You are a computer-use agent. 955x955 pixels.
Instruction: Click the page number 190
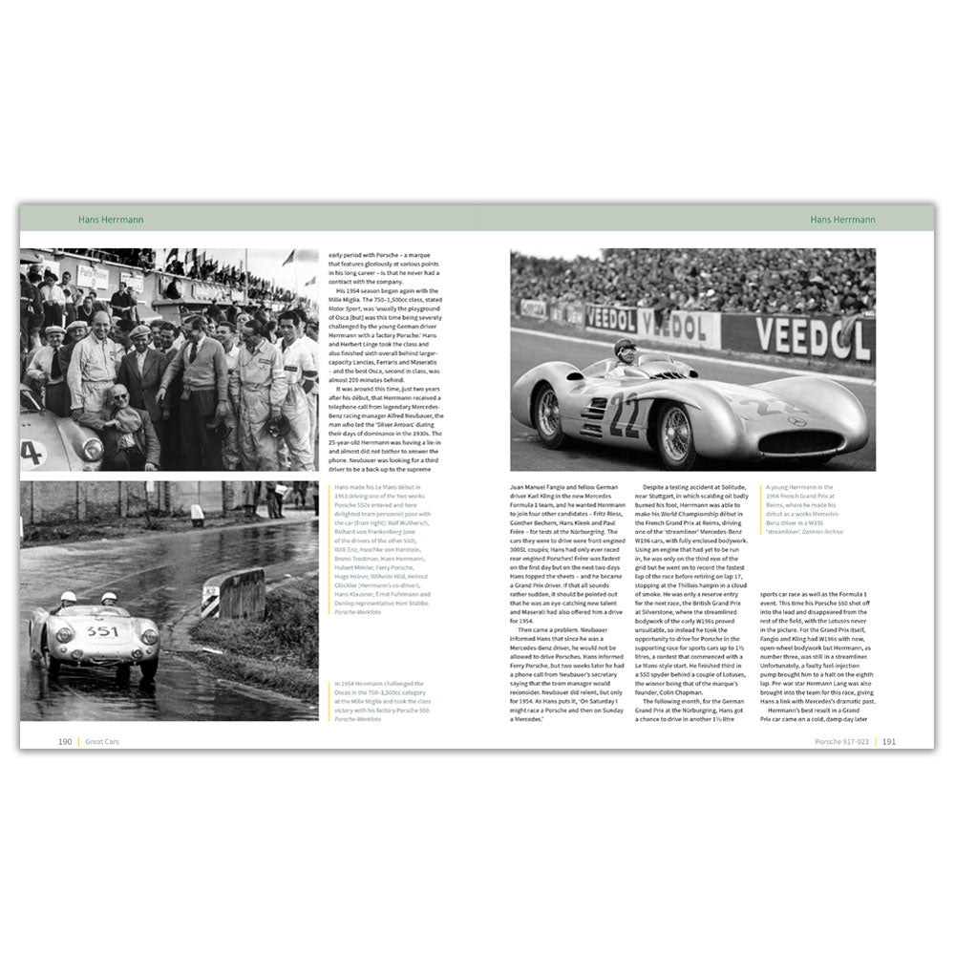tap(65, 740)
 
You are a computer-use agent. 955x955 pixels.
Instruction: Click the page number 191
tap(888, 740)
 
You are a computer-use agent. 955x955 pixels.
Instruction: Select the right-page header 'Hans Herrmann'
tap(841, 219)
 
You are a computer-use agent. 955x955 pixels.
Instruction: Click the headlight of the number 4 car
tap(93, 448)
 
